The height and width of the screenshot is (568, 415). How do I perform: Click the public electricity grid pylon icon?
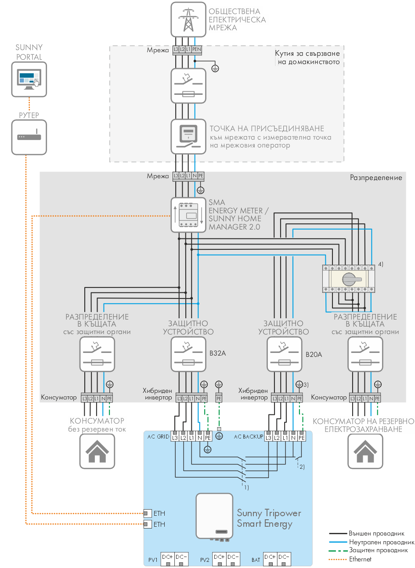click(x=188, y=19)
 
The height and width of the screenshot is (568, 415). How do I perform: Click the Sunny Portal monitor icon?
click(x=29, y=79)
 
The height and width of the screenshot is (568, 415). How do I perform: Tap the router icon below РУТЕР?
click(x=29, y=137)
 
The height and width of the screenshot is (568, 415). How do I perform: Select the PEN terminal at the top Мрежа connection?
click(x=196, y=50)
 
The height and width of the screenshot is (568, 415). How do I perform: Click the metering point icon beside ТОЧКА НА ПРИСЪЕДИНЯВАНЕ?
click(x=188, y=136)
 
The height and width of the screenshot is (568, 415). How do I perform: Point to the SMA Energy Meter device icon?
click(x=188, y=215)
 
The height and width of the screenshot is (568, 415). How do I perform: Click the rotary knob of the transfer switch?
click(x=349, y=278)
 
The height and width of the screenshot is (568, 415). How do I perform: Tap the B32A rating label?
click(x=218, y=353)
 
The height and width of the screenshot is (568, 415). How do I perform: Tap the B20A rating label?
click(x=314, y=354)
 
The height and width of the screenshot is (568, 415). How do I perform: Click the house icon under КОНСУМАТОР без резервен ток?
click(x=97, y=451)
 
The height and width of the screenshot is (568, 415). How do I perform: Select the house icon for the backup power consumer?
click(x=365, y=451)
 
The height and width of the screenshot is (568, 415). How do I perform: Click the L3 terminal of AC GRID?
click(x=175, y=438)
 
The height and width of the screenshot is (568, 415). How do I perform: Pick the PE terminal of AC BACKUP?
click(x=302, y=438)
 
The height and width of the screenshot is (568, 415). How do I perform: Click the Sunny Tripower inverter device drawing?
click(x=214, y=516)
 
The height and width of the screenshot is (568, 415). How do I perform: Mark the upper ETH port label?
click(x=159, y=513)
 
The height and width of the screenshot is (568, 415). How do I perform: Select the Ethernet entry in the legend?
click(x=360, y=559)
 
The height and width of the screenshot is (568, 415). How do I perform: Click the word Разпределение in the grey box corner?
click(x=376, y=178)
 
